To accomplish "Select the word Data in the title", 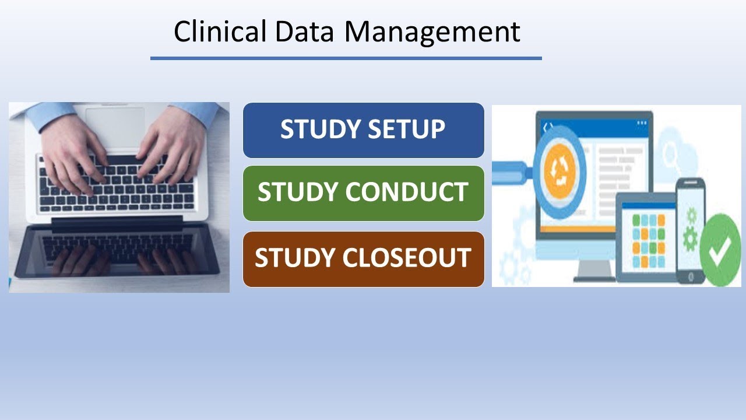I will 304,32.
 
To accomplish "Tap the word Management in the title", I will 432,33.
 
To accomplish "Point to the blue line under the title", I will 346,58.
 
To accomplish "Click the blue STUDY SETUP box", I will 363,130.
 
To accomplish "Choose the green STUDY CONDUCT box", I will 363,193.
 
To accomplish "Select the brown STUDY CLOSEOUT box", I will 363,259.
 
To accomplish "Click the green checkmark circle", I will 720,250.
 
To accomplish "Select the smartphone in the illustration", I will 691,230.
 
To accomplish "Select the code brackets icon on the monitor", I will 548,126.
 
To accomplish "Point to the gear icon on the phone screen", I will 691,236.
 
